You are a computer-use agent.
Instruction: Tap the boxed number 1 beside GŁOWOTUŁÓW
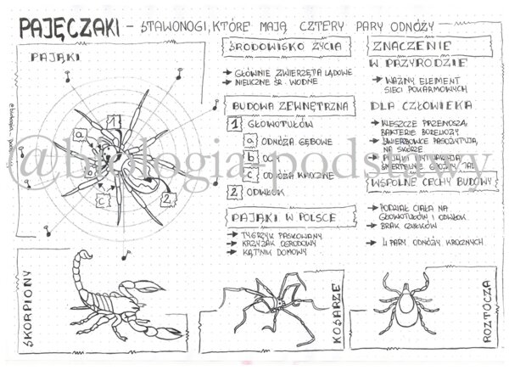237,126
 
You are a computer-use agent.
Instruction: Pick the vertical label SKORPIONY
29,306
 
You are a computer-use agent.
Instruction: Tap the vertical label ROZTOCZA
488,311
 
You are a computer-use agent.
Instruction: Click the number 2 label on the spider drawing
168,199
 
